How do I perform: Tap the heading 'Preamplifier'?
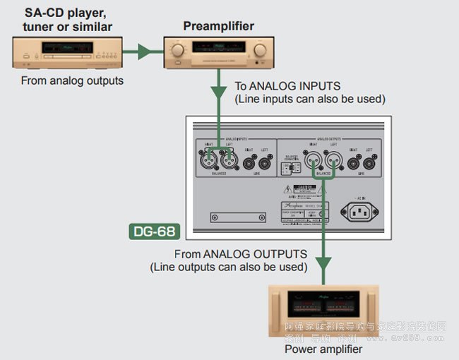click(219, 27)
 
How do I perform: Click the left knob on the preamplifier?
click(177, 51)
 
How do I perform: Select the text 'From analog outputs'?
click(72, 80)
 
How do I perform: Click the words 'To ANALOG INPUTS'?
click(289, 86)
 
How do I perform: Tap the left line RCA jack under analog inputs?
click(266, 160)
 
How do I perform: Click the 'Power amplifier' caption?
click(323, 349)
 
